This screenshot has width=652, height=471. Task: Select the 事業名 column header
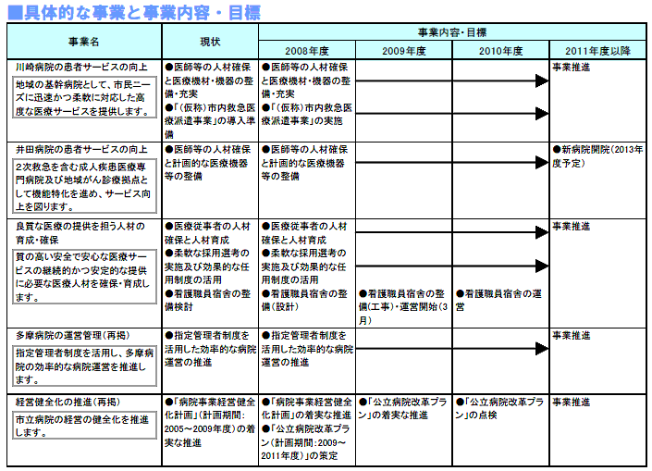point(84,42)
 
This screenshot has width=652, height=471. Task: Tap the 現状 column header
point(210,42)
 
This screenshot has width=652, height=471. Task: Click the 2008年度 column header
point(306,50)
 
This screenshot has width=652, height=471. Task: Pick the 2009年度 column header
point(403,50)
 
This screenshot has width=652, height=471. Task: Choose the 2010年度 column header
point(501,50)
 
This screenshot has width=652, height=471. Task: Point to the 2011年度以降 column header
point(597,50)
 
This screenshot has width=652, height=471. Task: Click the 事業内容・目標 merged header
point(451,31)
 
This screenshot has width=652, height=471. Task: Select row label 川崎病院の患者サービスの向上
point(81,68)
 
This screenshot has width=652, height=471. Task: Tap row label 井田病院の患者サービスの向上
point(81,149)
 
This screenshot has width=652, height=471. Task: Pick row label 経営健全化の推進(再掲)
point(68,403)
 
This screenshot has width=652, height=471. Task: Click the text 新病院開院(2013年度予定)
point(597,155)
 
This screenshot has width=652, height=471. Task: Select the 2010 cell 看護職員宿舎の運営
point(500,300)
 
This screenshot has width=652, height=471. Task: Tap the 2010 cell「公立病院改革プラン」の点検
point(500,409)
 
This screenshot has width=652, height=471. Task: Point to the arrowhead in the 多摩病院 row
point(544,350)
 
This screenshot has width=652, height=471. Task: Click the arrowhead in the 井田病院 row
point(544,149)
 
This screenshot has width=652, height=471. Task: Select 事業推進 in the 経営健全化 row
point(572,403)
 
